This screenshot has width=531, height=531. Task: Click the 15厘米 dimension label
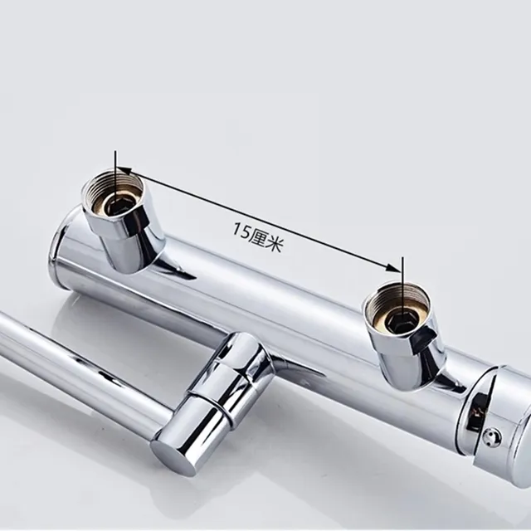pyautogui.click(x=258, y=236)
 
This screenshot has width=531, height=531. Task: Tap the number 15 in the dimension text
pyautogui.click(x=241, y=231)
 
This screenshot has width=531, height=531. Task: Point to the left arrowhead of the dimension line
pyautogui.click(x=124, y=171)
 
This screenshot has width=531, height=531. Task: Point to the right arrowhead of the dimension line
pyautogui.click(x=394, y=267)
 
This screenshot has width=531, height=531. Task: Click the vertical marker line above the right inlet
pyautogui.click(x=402, y=288)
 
